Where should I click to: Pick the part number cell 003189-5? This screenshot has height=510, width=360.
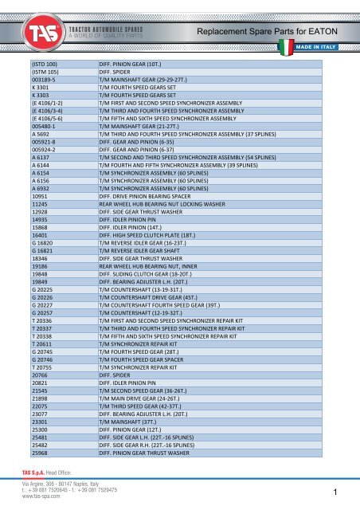(x=43, y=80)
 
